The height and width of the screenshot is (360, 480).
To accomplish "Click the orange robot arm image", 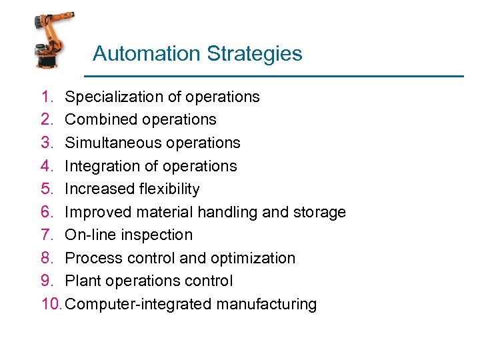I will tap(53, 39).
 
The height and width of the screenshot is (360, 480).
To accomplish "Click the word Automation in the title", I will tap(136, 53).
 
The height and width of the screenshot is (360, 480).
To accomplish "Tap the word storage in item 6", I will tap(319, 212).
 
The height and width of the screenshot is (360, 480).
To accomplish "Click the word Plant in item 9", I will tap(79, 281).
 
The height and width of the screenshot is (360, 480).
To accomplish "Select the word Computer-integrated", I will tap(140, 305).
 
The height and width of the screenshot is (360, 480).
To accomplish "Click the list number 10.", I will tap(50, 304).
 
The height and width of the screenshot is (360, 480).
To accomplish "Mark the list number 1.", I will tap(45, 97).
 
